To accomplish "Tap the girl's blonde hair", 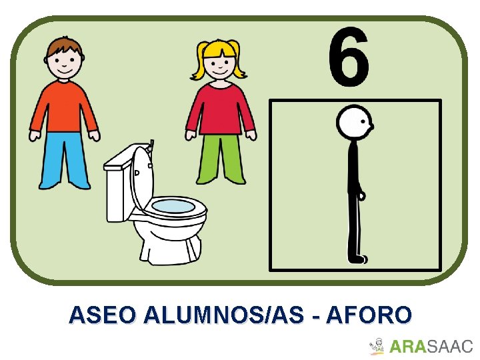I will point(219,51).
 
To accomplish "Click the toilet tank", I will point(119,187).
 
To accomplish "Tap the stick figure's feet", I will point(358,258).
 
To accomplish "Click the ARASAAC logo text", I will point(430,347).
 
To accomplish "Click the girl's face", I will point(217,64).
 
